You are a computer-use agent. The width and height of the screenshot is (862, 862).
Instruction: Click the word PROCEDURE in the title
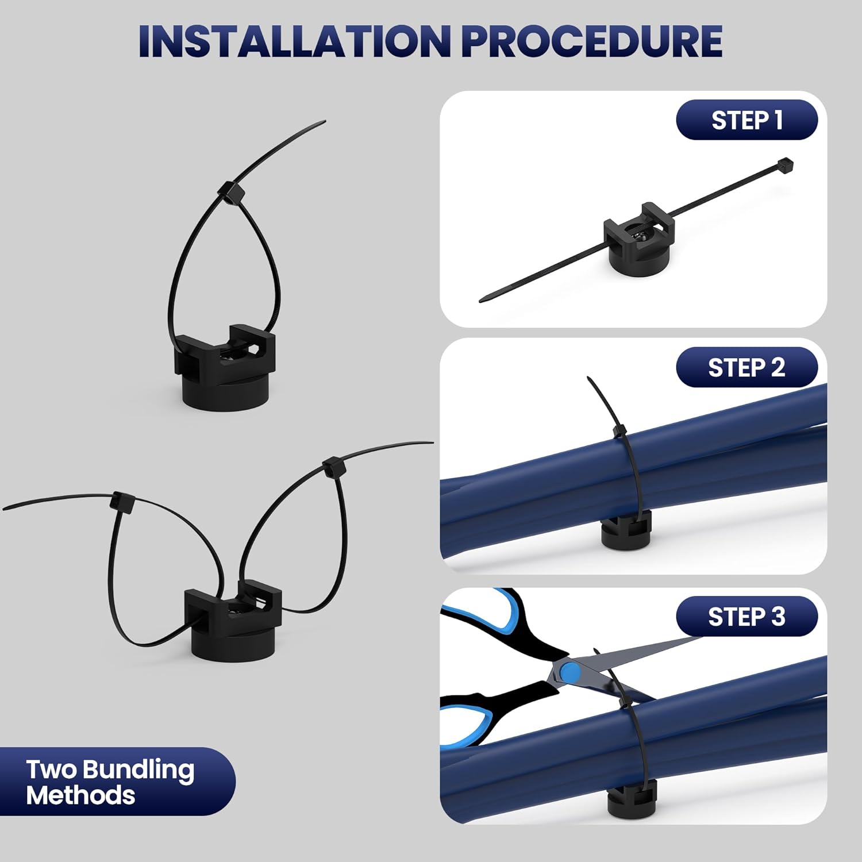click(592, 41)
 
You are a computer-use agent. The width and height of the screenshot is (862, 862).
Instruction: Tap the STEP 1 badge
click(746, 120)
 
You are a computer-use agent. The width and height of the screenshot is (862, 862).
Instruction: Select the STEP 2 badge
click(746, 368)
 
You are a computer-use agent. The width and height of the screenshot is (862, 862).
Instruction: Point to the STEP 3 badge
click(746, 617)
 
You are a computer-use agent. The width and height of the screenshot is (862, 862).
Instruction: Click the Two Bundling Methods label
click(109, 782)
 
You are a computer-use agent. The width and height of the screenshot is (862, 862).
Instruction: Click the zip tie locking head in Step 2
click(619, 431)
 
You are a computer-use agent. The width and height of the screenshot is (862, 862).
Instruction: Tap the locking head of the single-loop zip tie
click(230, 191)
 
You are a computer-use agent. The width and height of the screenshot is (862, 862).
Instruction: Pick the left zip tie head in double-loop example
click(122, 502)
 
